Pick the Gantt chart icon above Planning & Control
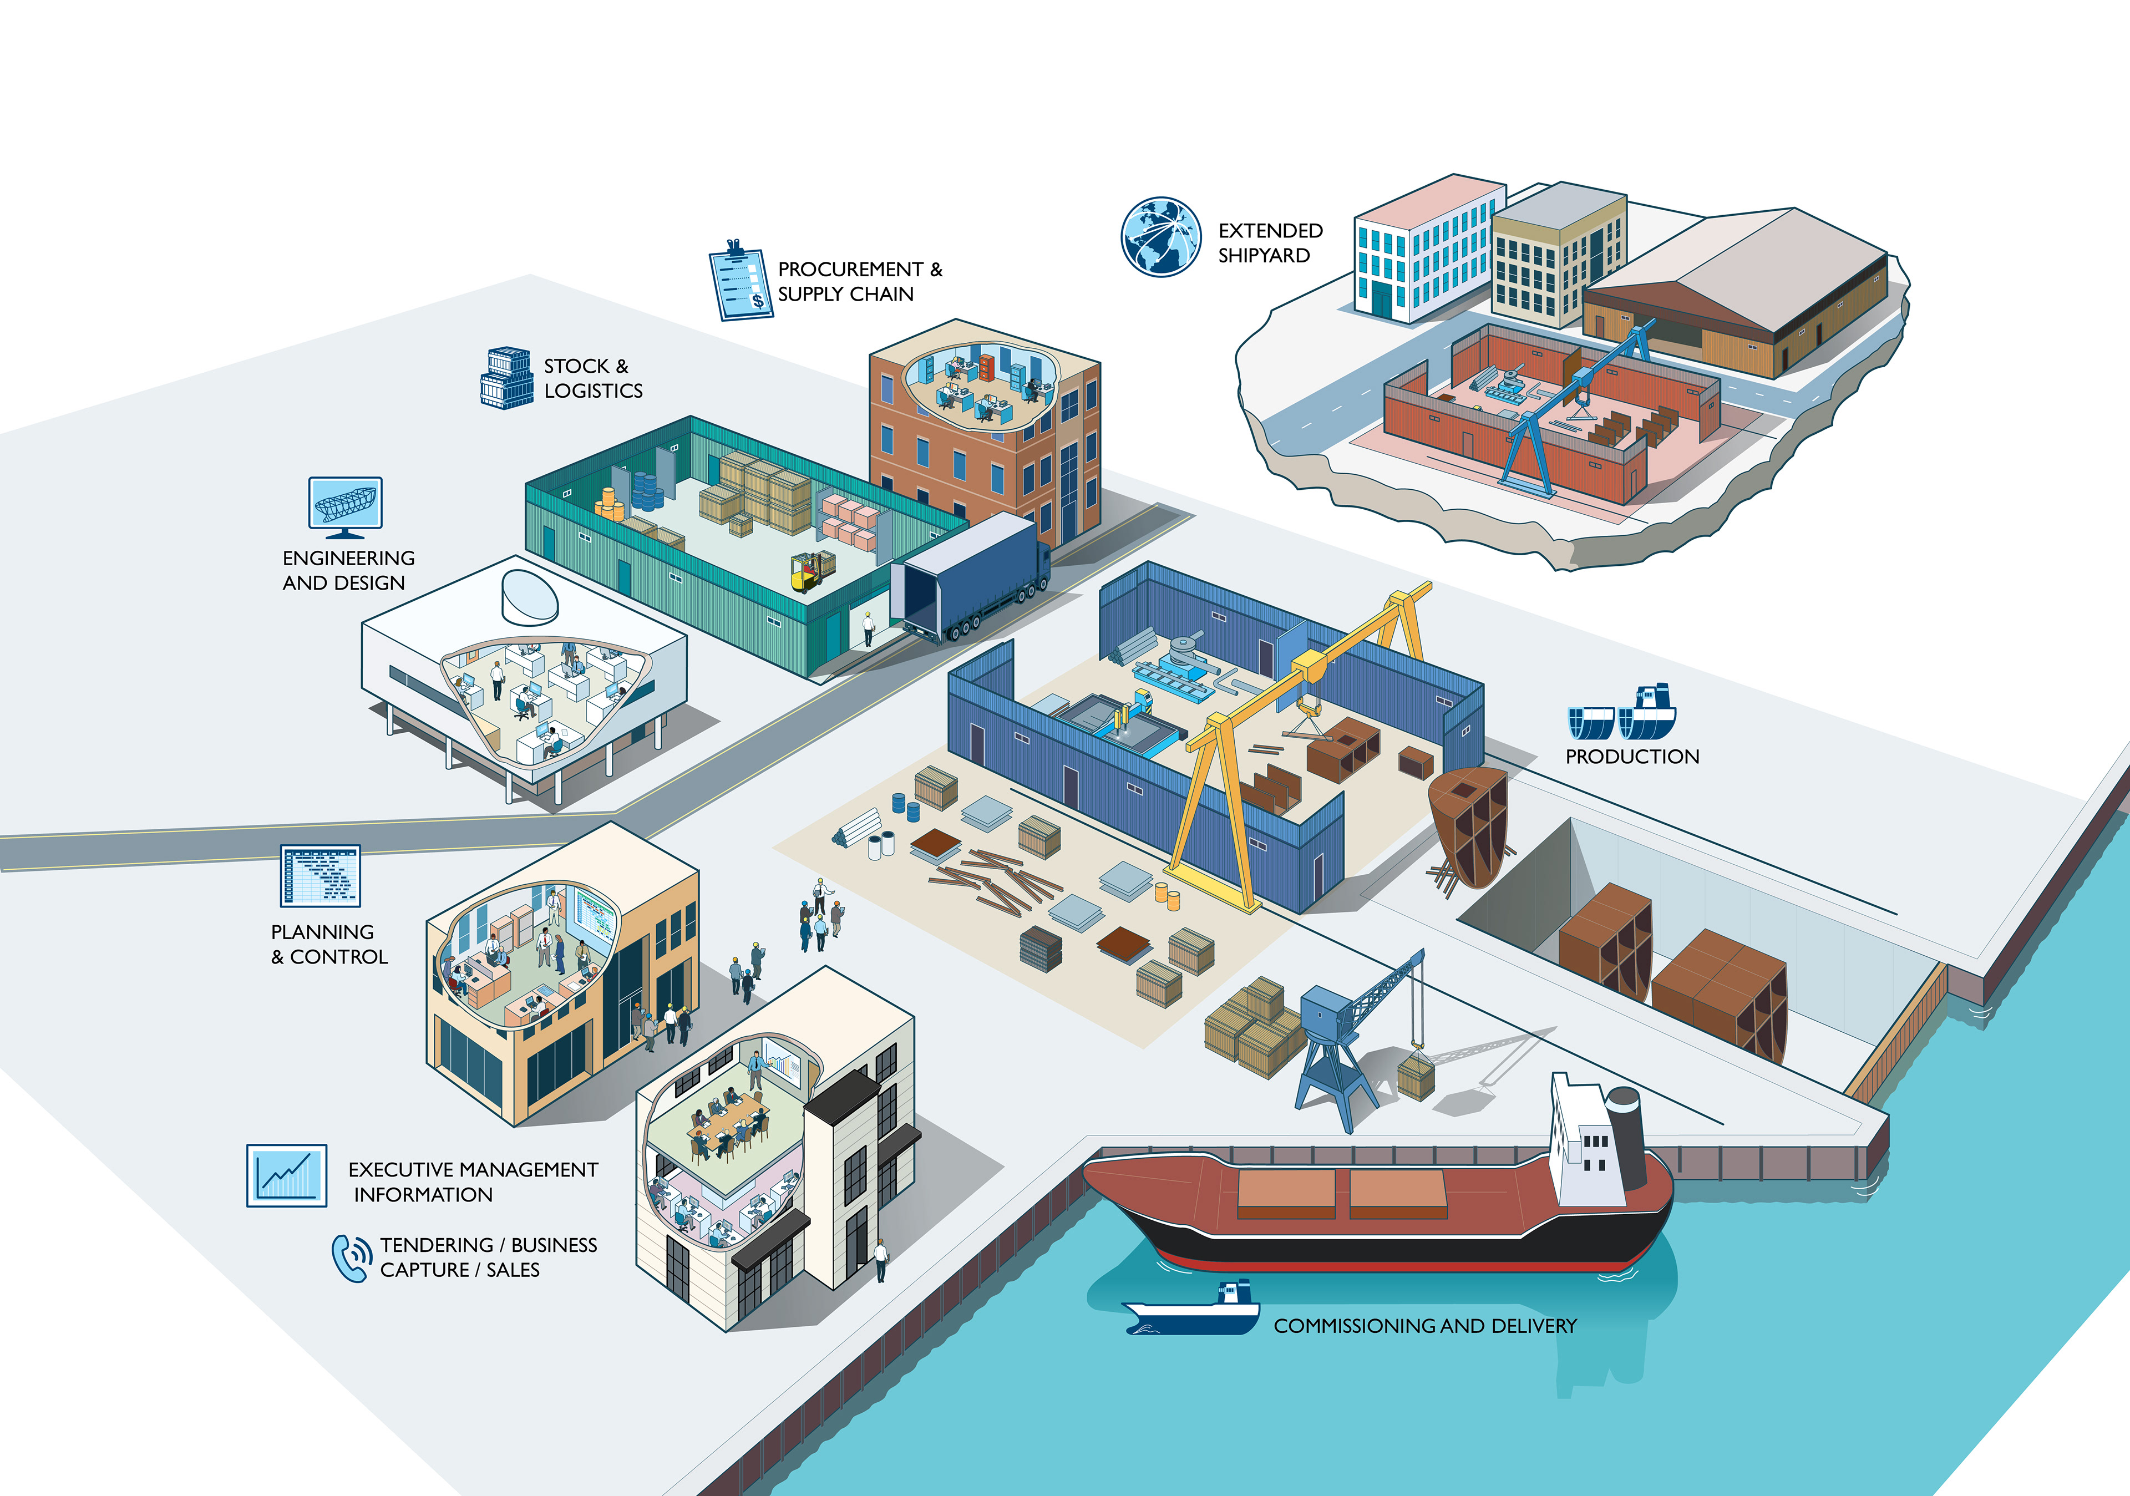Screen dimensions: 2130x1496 [320, 875]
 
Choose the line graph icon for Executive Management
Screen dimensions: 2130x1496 [287, 1175]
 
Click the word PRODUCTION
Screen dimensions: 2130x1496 [1632, 757]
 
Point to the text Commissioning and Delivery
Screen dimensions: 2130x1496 [1425, 1326]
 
